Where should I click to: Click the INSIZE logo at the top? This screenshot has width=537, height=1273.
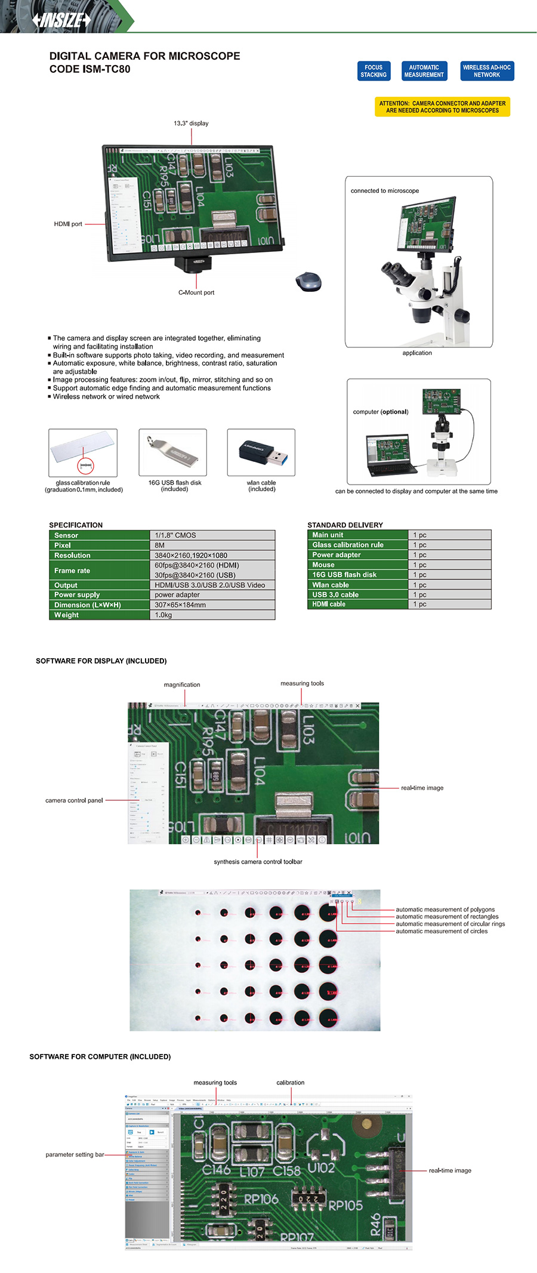tap(61, 20)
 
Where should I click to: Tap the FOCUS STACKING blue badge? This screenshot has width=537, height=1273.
tap(374, 71)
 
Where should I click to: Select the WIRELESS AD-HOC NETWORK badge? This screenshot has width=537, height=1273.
tap(487, 71)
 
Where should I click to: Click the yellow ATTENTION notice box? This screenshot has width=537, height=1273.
tap(442, 107)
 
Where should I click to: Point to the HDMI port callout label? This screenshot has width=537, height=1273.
tap(68, 224)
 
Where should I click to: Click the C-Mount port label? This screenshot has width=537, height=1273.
tap(196, 292)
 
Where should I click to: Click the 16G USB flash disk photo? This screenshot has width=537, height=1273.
tap(173, 452)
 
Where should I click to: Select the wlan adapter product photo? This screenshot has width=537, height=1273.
tap(261, 452)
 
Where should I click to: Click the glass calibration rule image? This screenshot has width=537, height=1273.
tap(83, 452)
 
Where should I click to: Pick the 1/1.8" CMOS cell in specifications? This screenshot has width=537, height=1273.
tap(212, 535)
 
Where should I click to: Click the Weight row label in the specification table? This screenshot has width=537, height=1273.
tap(67, 615)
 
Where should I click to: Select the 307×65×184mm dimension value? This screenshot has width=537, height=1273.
tap(180, 605)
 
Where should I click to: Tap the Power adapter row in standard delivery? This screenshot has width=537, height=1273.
tap(337, 554)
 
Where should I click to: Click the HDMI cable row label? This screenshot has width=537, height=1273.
tap(329, 604)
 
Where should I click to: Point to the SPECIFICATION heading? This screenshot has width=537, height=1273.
tap(76, 525)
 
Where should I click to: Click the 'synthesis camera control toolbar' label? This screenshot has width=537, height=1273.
tap(258, 861)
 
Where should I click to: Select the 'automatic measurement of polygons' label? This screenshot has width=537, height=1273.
tap(445, 910)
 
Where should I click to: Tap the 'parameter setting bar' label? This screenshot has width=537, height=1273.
tap(75, 1154)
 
